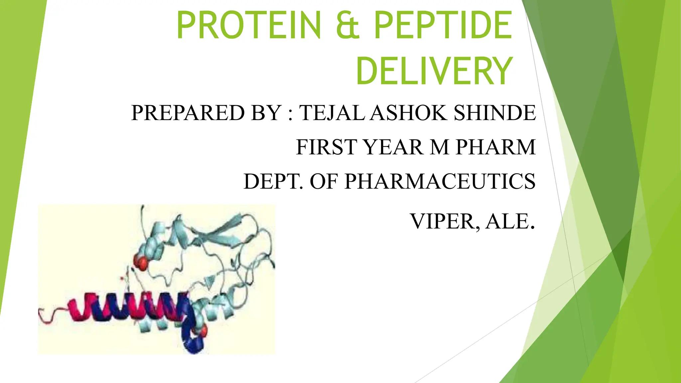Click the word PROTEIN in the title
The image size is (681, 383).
(249, 25)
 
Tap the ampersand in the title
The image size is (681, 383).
(348, 25)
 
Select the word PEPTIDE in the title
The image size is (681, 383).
(443, 25)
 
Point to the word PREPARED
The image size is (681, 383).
(188, 113)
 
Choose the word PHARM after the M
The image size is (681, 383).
(495, 147)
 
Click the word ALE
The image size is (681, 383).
(509, 221)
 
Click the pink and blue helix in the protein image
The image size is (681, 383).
(126, 308)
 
